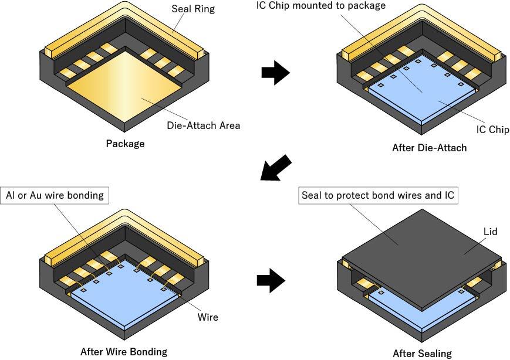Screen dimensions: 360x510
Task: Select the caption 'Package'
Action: (x=125, y=143)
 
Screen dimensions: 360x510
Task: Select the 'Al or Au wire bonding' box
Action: (x=56, y=195)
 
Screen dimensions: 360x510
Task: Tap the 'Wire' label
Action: (x=207, y=317)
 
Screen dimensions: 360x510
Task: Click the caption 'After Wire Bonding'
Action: (x=123, y=352)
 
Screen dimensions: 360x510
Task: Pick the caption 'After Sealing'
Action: (x=423, y=353)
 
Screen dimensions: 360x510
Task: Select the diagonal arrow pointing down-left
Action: (x=275, y=169)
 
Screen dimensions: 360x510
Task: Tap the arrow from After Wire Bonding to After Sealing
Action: (x=271, y=281)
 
